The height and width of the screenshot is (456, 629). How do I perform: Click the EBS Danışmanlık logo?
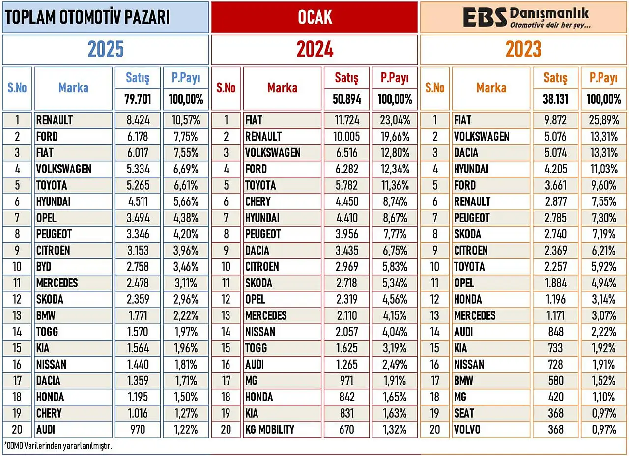[526, 17]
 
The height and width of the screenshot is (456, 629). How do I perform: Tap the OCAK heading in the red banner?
[315, 17]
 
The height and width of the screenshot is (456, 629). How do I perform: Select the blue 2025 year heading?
[106, 49]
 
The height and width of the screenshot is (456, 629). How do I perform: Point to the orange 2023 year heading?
[523, 49]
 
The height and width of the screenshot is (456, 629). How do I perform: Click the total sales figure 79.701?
[138, 99]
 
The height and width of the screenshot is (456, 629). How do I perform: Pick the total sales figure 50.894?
[347, 99]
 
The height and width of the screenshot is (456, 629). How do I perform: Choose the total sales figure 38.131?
[555, 99]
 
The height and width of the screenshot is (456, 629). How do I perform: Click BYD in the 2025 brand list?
[44, 266]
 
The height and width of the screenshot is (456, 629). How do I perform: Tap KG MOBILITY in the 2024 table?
[270, 429]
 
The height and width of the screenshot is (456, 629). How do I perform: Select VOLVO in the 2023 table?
[467, 429]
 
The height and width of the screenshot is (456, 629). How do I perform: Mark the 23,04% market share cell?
[395, 120]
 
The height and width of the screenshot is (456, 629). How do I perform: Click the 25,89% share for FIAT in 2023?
[604, 120]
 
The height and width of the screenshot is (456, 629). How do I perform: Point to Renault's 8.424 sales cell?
[138, 120]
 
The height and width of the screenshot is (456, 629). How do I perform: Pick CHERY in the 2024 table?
[258, 201]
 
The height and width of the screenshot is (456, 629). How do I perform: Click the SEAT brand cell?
[464, 413]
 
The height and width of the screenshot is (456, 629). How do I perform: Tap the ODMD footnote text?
[58, 446]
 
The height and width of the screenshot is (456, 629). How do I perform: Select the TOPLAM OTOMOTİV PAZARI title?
[87, 17]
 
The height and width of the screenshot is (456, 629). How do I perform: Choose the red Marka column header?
[282, 88]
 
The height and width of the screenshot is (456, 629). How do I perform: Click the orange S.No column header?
[435, 88]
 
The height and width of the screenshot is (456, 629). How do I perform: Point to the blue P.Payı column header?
[186, 78]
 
